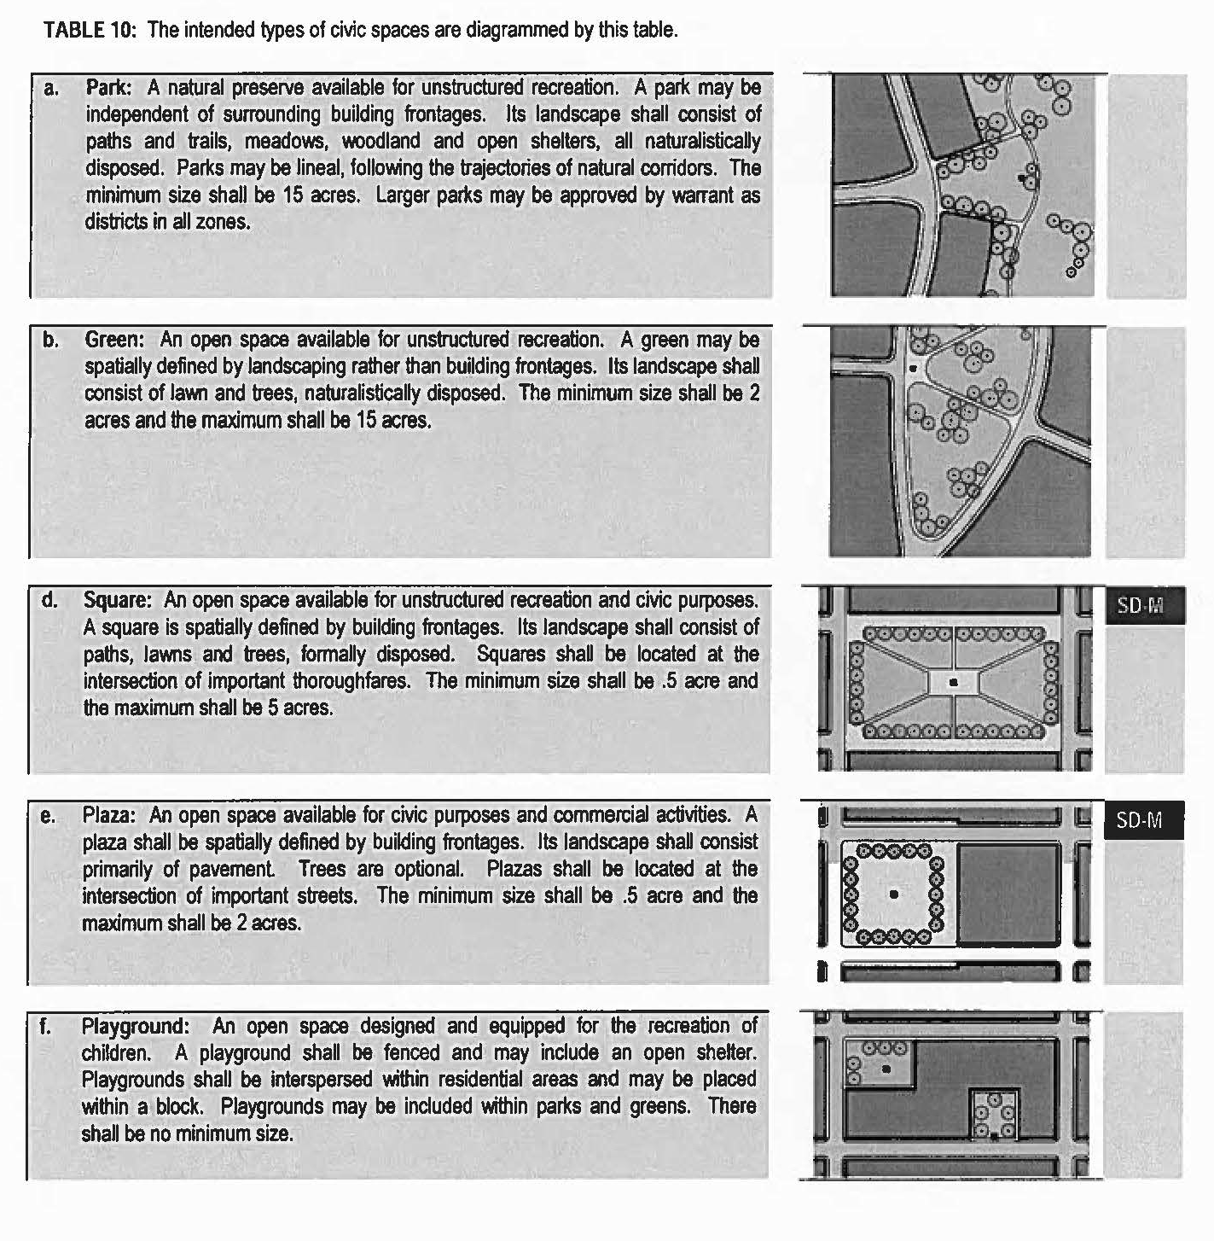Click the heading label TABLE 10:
click(89, 31)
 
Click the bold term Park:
click(108, 87)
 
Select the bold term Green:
click(114, 340)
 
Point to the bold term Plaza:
click(109, 815)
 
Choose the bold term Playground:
click(136, 1026)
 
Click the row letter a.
click(51, 88)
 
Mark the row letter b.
click(51, 340)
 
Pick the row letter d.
click(49, 601)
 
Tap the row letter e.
click(49, 816)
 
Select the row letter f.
click(45, 1026)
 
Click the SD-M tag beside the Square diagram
click(1140, 606)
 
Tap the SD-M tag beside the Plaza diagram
click(1140, 821)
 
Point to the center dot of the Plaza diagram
click(893, 894)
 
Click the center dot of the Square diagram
click(953, 682)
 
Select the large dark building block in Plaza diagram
click(1008, 893)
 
